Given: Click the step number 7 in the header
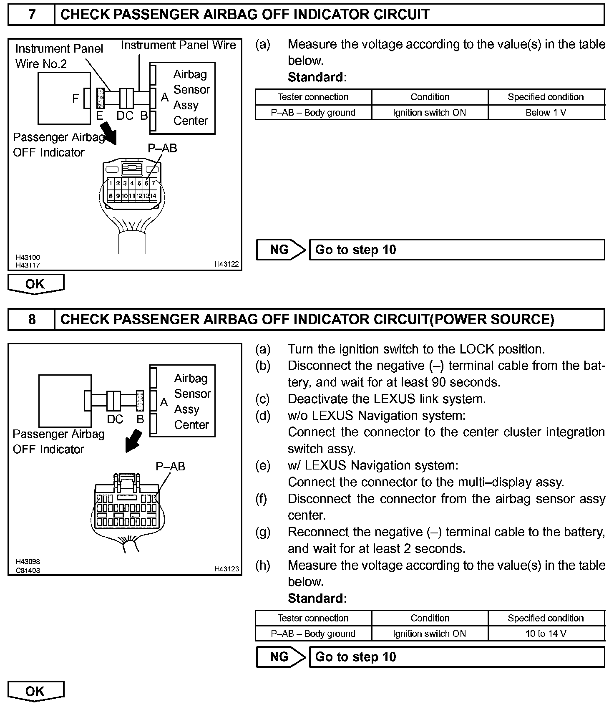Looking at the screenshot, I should click(32, 15).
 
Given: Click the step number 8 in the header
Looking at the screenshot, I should click(32, 319).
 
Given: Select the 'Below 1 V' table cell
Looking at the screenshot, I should click(546, 112).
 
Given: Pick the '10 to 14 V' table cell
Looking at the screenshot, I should click(546, 634).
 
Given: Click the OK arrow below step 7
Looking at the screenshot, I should click(35, 284).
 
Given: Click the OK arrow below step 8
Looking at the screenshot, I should click(35, 691).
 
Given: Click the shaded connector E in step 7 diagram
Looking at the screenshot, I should click(100, 98).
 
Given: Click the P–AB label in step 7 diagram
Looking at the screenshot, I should click(162, 148).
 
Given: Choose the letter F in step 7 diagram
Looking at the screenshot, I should click(75, 98).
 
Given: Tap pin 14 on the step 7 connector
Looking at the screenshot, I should click(153, 196).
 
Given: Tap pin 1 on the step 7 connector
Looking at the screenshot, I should click(111, 183).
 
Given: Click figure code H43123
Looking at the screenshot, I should click(226, 568).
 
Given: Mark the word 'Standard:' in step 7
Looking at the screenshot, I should click(317, 77).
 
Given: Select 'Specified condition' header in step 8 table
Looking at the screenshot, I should click(546, 618).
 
